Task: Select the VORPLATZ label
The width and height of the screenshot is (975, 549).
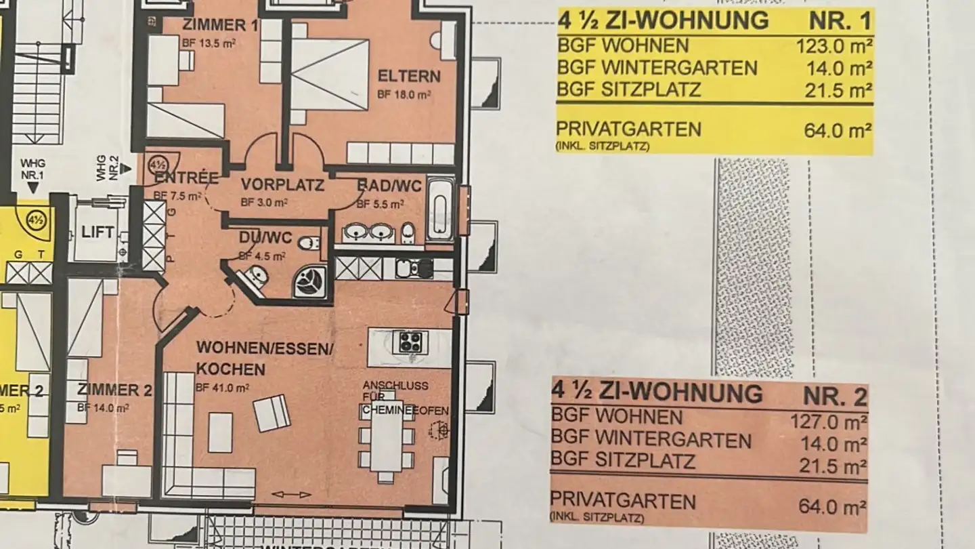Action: [x=282, y=185]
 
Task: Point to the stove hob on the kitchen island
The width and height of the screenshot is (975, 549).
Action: [x=410, y=342]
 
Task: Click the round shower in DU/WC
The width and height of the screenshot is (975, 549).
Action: [x=310, y=280]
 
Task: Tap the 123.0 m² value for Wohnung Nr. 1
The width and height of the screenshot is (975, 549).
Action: [x=834, y=46]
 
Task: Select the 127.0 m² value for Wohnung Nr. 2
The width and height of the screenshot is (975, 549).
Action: [x=828, y=422]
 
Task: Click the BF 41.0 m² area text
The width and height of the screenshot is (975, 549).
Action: [x=223, y=388]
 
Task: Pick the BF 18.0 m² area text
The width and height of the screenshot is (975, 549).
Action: [x=405, y=96]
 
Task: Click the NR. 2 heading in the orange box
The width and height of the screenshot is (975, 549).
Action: [x=835, y=394]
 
